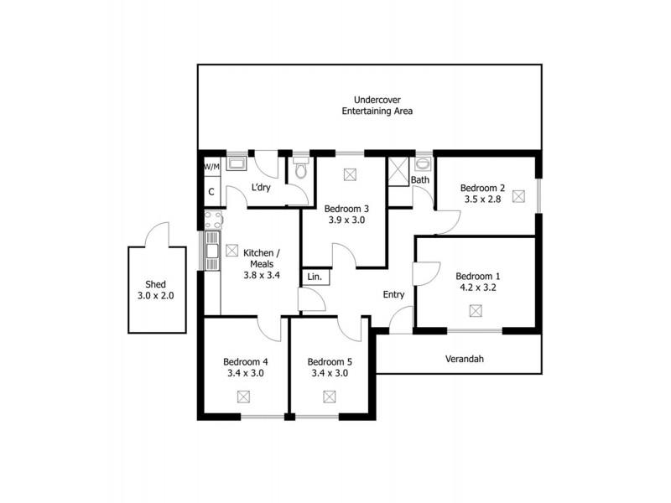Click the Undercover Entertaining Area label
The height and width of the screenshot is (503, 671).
[377, 105]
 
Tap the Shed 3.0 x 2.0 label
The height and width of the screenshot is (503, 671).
[156, 289]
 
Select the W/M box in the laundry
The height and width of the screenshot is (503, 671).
[211, 167]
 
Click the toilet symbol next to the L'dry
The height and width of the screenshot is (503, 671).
[301, 170]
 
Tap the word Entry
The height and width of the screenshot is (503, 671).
[393, 294]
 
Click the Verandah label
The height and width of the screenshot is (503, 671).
[464, 360]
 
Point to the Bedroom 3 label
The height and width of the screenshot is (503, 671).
[346, 209]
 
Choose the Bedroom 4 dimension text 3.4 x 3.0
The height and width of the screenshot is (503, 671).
[244, 374]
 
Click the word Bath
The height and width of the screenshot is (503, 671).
[419, 180]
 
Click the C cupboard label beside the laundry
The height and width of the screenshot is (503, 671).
[211, 192]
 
